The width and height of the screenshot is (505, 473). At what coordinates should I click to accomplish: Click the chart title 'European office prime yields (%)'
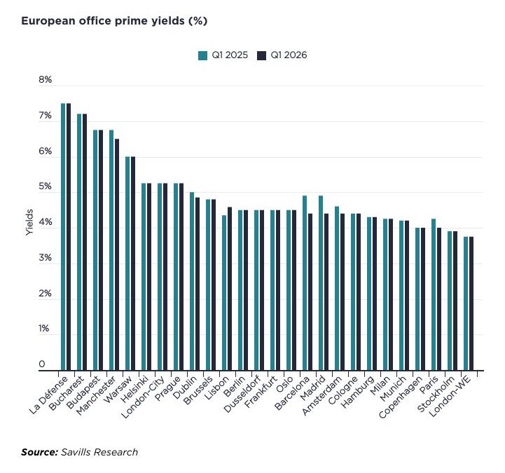coord(114,21)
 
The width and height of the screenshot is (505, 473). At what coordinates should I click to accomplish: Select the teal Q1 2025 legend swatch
coord(202,55)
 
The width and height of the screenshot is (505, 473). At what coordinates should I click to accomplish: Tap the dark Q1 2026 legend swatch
coord(261,55)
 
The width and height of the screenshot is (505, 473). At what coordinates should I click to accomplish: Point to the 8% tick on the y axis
coord(45,80)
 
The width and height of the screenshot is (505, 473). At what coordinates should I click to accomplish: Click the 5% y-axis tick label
coord(45,186)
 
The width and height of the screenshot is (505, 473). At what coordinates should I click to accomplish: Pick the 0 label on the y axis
coord(42,364)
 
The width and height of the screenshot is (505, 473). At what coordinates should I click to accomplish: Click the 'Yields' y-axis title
coord(29,222)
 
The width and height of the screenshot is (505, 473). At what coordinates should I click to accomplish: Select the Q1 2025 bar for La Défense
coord(63,237)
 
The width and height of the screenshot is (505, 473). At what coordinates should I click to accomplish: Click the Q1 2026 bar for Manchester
coord(117,254)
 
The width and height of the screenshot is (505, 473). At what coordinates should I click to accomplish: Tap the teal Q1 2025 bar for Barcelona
coord(305,283)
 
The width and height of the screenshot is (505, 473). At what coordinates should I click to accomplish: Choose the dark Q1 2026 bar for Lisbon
coord(230,289)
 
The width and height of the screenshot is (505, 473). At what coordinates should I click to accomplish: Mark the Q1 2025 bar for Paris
coord(434,294)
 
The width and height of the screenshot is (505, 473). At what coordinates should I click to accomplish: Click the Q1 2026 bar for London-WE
coord(471,303)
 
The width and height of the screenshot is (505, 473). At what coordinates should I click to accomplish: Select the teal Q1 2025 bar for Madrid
coord(321,283)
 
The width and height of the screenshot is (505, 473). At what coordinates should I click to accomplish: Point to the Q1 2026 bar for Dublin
coord(198,284)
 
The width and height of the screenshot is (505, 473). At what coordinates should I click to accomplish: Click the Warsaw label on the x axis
coord(118,389)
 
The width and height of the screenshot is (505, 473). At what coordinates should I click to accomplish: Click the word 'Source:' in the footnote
coord(39,452)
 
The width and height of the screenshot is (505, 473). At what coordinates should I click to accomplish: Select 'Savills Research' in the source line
coord(99,452)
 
